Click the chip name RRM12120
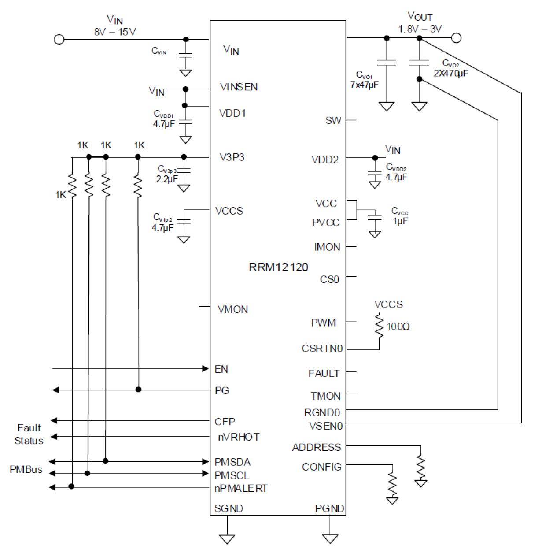pyautogui.click(x=278, y=267)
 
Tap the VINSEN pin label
pyautogui.click(x=239, y=87)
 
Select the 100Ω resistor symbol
pyautogui.click(x=379, y=326)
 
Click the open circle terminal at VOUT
pyautogui.click(x=456, y=38)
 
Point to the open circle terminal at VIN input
pyautogui.click(x=59, y=39)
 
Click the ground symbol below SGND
pyautogui.click(x=227, y=538)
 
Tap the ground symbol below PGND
pyautogui.click(x=330, y=538)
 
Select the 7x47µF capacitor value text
pyautogui.click(x=364, y=85)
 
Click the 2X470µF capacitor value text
pyautogui.click(x=451, y=73)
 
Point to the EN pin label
pyautogui.click(x=221, y=369)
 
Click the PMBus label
pyautogui.click(x=26, y=469)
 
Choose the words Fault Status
pyautogui.click(x=29, y=434)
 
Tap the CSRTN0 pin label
pyautogui.click(x=322, y=349)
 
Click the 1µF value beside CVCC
pyautogui.click(x=400, y=221)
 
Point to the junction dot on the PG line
pyautogui.click(x=138, y=390)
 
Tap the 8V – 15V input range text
pyautogui.click(x=114, y=32)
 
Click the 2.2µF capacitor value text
pyautogui.click(x=166, y=179)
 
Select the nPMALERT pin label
pyautogui.click(x=241, y=488)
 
